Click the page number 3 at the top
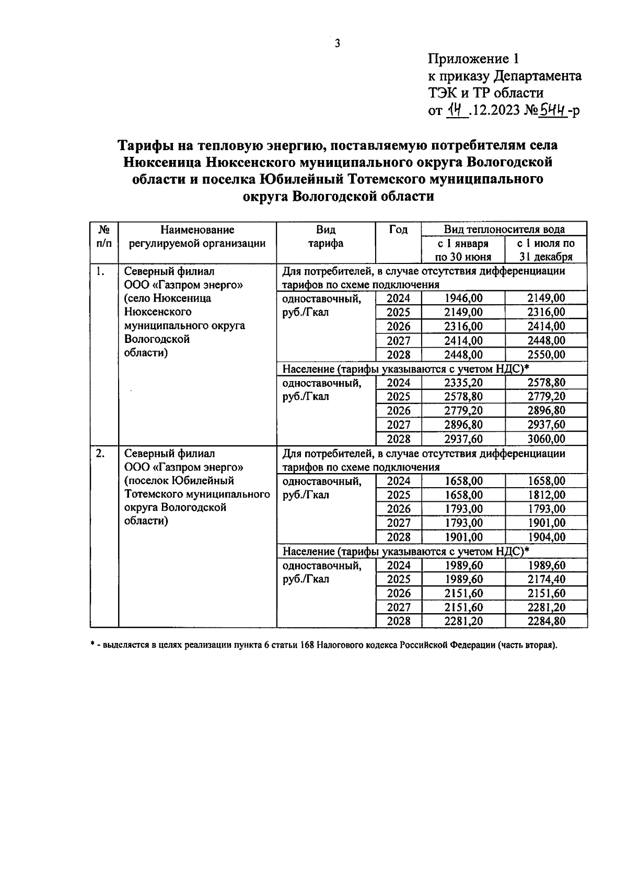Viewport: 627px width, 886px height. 337,43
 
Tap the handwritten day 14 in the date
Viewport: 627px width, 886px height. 455,110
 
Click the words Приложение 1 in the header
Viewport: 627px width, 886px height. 474,59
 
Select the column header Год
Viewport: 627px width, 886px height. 398,230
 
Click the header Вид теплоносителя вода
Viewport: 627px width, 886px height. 504,229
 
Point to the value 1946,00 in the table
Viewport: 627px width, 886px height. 463,298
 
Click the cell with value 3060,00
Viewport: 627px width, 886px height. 546,439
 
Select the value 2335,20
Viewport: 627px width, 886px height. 463,383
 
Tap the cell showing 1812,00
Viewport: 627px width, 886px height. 546,495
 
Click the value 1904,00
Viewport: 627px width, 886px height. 546,537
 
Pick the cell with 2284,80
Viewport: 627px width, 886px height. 546,622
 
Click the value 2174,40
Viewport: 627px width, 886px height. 546,579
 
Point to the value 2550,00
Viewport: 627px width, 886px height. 546,355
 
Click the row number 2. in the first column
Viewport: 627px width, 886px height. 100,453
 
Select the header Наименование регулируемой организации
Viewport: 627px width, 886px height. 197,237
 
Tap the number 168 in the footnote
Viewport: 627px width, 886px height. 307,645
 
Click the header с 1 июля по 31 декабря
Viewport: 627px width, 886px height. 546,250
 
